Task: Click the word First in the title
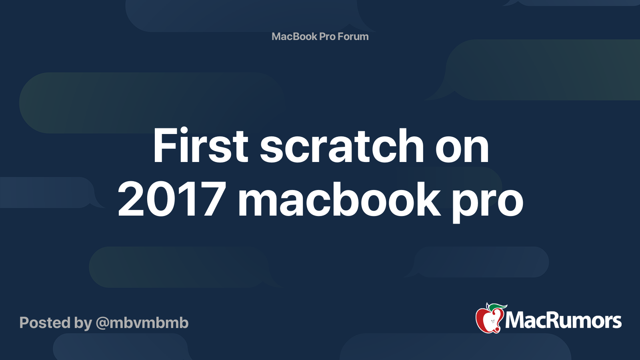pyautogui.click(x=200, y=146)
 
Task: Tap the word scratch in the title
pyautogui.click(x=342, y=146)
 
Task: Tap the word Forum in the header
pyautogui.click(x=353, y=36)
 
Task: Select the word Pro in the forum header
pyautogui.click(x=327, y=36)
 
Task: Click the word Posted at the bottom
pyautogui.click(x=45, y=323)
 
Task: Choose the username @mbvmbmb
pyautogui.click(x=142, y=323)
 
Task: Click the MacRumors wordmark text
pyautogui.click(x=563, y=320)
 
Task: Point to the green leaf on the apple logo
pyautogui.click(x=496, y=307)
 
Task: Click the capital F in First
pyautogui.click(x=164, y=146)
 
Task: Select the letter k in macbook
pyautogui.click(x=428, y=199)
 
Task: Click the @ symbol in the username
pyautogui.click(x=102, y=323)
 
